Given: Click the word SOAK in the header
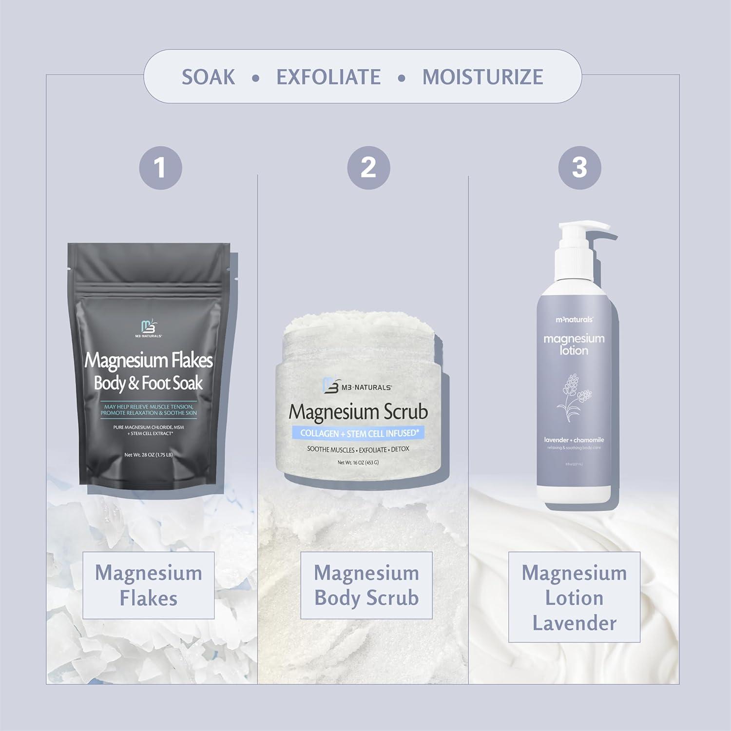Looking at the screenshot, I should coord(208,77).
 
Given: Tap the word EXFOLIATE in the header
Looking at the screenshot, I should coord(328,77).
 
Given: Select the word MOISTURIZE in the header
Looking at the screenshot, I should coord(482,77).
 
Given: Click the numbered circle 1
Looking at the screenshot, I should coord(160,168).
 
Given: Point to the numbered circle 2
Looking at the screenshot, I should coord(368,168).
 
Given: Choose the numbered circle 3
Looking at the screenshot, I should coord(579,168).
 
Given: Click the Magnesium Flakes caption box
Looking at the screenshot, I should coord(149,585).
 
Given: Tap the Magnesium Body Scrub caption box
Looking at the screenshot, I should coord(366,585).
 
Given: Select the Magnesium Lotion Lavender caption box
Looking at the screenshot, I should coord(574,597).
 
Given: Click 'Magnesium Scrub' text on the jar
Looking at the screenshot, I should coord(358,412).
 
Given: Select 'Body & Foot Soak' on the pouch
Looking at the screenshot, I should coord(148,384).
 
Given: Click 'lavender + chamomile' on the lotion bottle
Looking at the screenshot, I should coord(574,440).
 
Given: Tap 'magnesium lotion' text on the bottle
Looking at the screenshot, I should coord(574,344).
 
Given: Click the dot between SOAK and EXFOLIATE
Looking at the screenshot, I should coord(255,78).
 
